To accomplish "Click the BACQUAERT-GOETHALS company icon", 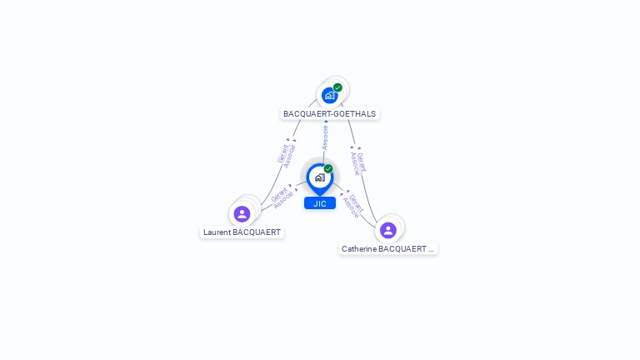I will pos(330,96).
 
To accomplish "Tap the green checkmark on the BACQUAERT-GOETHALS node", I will pos(337,87).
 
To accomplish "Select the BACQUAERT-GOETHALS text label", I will pos(329,113).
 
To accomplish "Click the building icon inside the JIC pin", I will pos(319,177).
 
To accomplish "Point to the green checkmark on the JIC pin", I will pos(328,169).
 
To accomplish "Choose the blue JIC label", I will pos(320,203).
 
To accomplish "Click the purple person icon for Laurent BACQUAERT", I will pos(242,214).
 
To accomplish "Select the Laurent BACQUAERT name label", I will pos(242,232).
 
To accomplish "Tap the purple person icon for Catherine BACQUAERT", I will pos(388,230).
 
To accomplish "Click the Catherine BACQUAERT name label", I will pos(387,249).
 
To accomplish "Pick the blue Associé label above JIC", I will pos(325,138).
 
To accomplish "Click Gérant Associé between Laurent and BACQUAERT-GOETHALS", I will pos(286,155).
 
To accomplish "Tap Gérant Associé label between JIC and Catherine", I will pos(354,206).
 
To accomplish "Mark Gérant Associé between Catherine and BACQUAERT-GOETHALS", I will pos(358,162).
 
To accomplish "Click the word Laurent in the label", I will pos(217,232).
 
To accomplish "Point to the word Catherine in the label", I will pos(359,249).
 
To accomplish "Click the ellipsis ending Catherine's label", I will pos(432,249).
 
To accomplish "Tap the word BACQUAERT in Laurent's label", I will pos(257,232).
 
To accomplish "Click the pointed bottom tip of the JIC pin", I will pos(320,195).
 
